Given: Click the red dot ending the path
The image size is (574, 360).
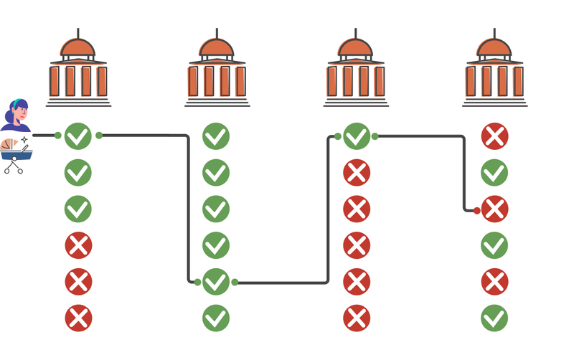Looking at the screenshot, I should pos(476,210).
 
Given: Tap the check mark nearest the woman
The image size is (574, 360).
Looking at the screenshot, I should pos(78,136).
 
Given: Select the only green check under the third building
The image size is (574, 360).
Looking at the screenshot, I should pos(357,136).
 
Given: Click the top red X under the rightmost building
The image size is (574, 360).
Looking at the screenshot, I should pos(494,136).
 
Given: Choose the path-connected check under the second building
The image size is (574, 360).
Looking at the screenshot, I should pos(216,282).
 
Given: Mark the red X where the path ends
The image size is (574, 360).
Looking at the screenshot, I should pos(494,209).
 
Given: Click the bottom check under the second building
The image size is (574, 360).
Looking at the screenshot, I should pos(216,318).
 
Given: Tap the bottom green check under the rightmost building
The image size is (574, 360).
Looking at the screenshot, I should pos(494,318).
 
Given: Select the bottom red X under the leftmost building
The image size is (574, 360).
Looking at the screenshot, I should pos(78,318).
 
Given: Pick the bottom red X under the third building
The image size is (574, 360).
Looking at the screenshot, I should pos(357,318).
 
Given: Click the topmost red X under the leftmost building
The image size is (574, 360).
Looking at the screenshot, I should pos(78,246).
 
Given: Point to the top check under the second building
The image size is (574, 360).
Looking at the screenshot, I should pos(216,136).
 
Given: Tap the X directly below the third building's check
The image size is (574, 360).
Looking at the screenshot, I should pos(357,172).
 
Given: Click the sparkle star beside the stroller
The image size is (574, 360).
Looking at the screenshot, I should pos(24,140).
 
